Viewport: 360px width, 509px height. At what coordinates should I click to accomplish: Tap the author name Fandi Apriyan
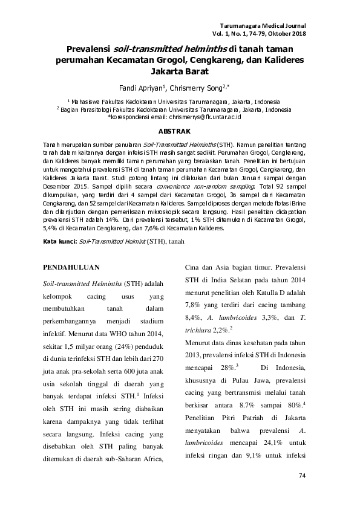(145, 88)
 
